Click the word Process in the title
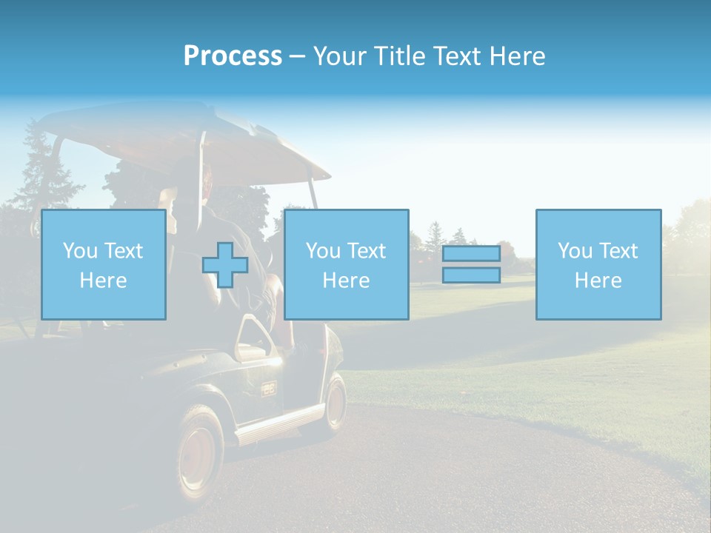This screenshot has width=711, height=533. [x=233, y=56]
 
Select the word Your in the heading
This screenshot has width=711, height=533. [x=341, y=56]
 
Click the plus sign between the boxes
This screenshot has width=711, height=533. [x=225, y=265]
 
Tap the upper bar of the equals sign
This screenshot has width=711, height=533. [x=471, y=254]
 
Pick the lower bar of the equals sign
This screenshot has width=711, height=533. [x=471, y=275]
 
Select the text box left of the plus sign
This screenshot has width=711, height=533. [x=103, y=264]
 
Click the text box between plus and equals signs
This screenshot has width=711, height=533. [x=346, y=264]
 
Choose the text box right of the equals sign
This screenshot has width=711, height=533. [x=598, y=264]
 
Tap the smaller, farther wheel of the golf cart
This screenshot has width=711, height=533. [x=336, y=403]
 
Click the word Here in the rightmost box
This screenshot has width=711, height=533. [x=598, y=281]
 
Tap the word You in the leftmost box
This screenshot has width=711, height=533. [x=79, y=251]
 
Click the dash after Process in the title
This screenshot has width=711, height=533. [x=297, y=56]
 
